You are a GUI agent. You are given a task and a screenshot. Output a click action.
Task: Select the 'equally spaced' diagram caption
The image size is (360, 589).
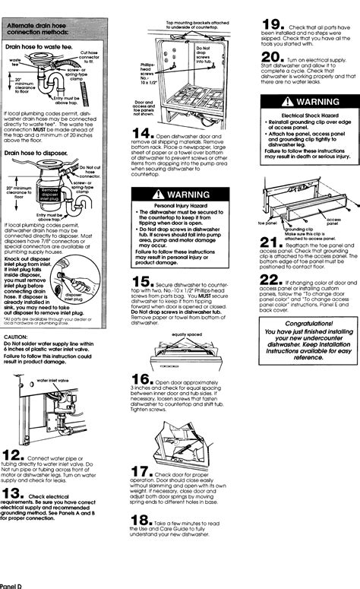coord(187,334)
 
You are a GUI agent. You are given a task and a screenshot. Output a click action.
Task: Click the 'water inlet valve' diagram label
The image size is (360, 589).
coord(53,379)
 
